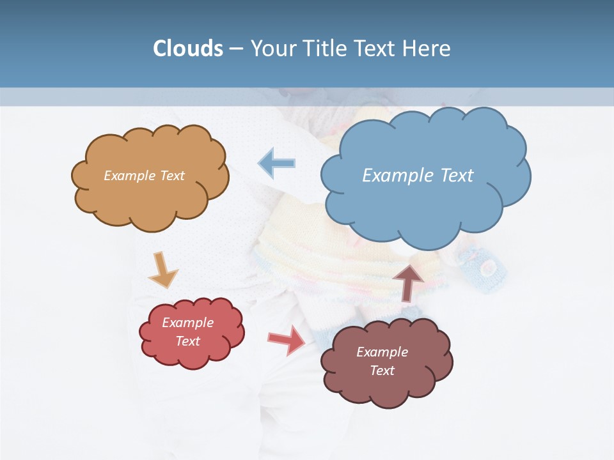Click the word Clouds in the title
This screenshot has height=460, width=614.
click(x=188, y=49)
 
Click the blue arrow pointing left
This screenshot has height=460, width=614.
click(x=276, y=163)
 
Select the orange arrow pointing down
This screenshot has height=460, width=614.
click(x=163, y=270)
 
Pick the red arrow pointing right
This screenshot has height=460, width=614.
click(x=287, y=339)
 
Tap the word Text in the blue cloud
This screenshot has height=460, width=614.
click(x=457, y=175)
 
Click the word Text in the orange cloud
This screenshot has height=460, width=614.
click(x=172, y=175)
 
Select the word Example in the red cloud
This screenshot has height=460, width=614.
click(x=187, y=323)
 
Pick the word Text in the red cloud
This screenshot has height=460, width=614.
click(x=188, y=341)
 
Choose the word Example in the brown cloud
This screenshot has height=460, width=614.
click(x=382, y=352)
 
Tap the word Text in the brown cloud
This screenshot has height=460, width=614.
click(x=382, y=371)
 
